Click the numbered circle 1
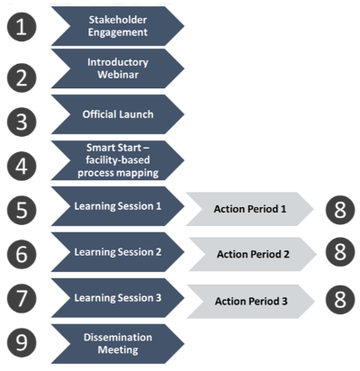point(22,27)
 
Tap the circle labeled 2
point(22,77)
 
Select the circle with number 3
point(22,122)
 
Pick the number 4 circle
point(22,166)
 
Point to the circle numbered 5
point(22,210)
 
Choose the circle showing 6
point(22,254)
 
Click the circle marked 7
point(22,298)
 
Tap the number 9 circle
point(22,342)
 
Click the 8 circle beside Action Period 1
point(340,210)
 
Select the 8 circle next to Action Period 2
point(340,252)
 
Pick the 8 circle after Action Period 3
point(340,300)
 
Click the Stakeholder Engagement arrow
point(118,26)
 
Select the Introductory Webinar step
point(118,68)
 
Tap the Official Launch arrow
point(118,114)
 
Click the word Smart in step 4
point(97,148)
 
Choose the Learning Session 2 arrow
point(118,252)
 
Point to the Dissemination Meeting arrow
point(118,344)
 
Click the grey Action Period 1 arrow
point(250,209)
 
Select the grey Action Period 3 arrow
point(251,301)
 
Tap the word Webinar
point(118,75)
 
